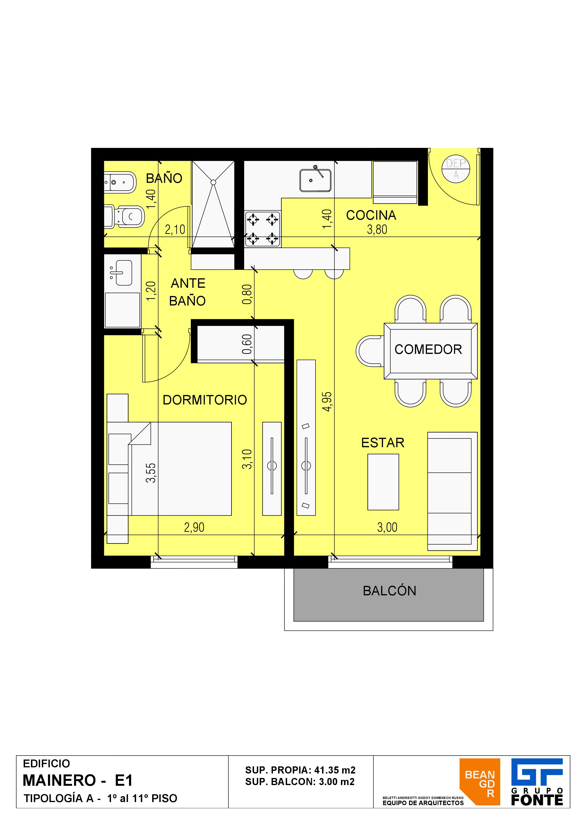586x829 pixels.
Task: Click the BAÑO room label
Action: point(164,178)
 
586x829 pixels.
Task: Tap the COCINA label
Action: point(371,215)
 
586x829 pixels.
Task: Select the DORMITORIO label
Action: point(205,400)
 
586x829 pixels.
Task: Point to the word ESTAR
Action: point(383,443)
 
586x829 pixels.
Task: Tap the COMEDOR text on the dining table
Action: point(428,349)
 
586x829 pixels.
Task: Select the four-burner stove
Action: point(263,229)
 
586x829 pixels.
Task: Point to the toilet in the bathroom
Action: point(124,217)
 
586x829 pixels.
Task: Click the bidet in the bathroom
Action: point(120,182)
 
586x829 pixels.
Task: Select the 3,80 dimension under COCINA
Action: point(377,230)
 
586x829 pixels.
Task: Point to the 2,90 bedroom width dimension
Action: point(194,528)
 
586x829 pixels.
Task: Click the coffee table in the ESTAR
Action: point(383,482)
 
